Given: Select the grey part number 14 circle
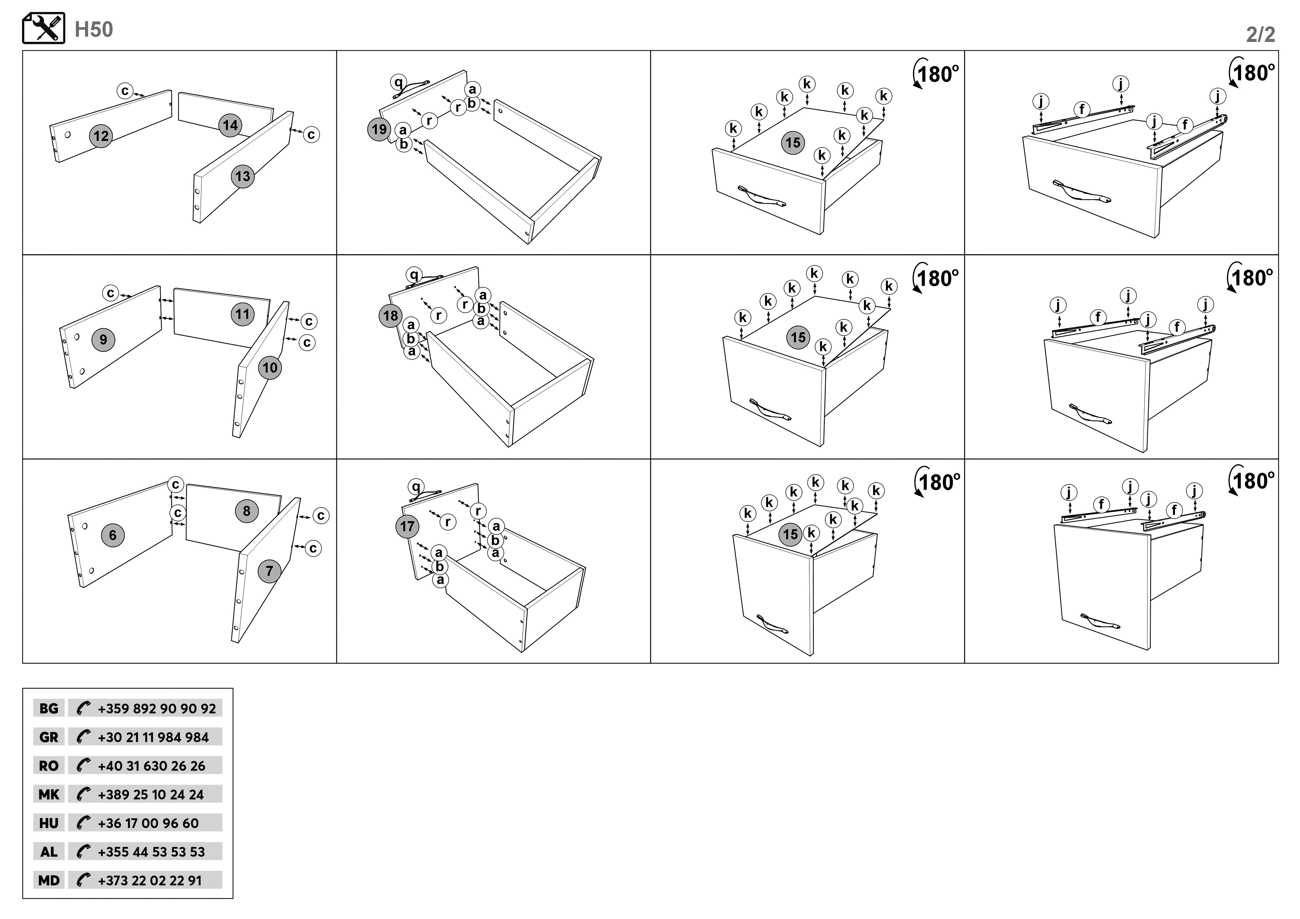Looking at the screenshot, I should pyautogui.click(x=230, y=125).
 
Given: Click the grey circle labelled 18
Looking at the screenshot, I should pyautogui.click(x=390, y=316).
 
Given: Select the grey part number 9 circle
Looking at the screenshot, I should pyautogui.click(x=103, y=340).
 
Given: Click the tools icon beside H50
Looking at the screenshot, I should pyautogui.click(x=44, y=28).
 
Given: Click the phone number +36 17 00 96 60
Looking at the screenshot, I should pyautogui.click(x=148, y=823).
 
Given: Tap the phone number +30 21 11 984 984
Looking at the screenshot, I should pyautogui.click(x=153, y=737).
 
